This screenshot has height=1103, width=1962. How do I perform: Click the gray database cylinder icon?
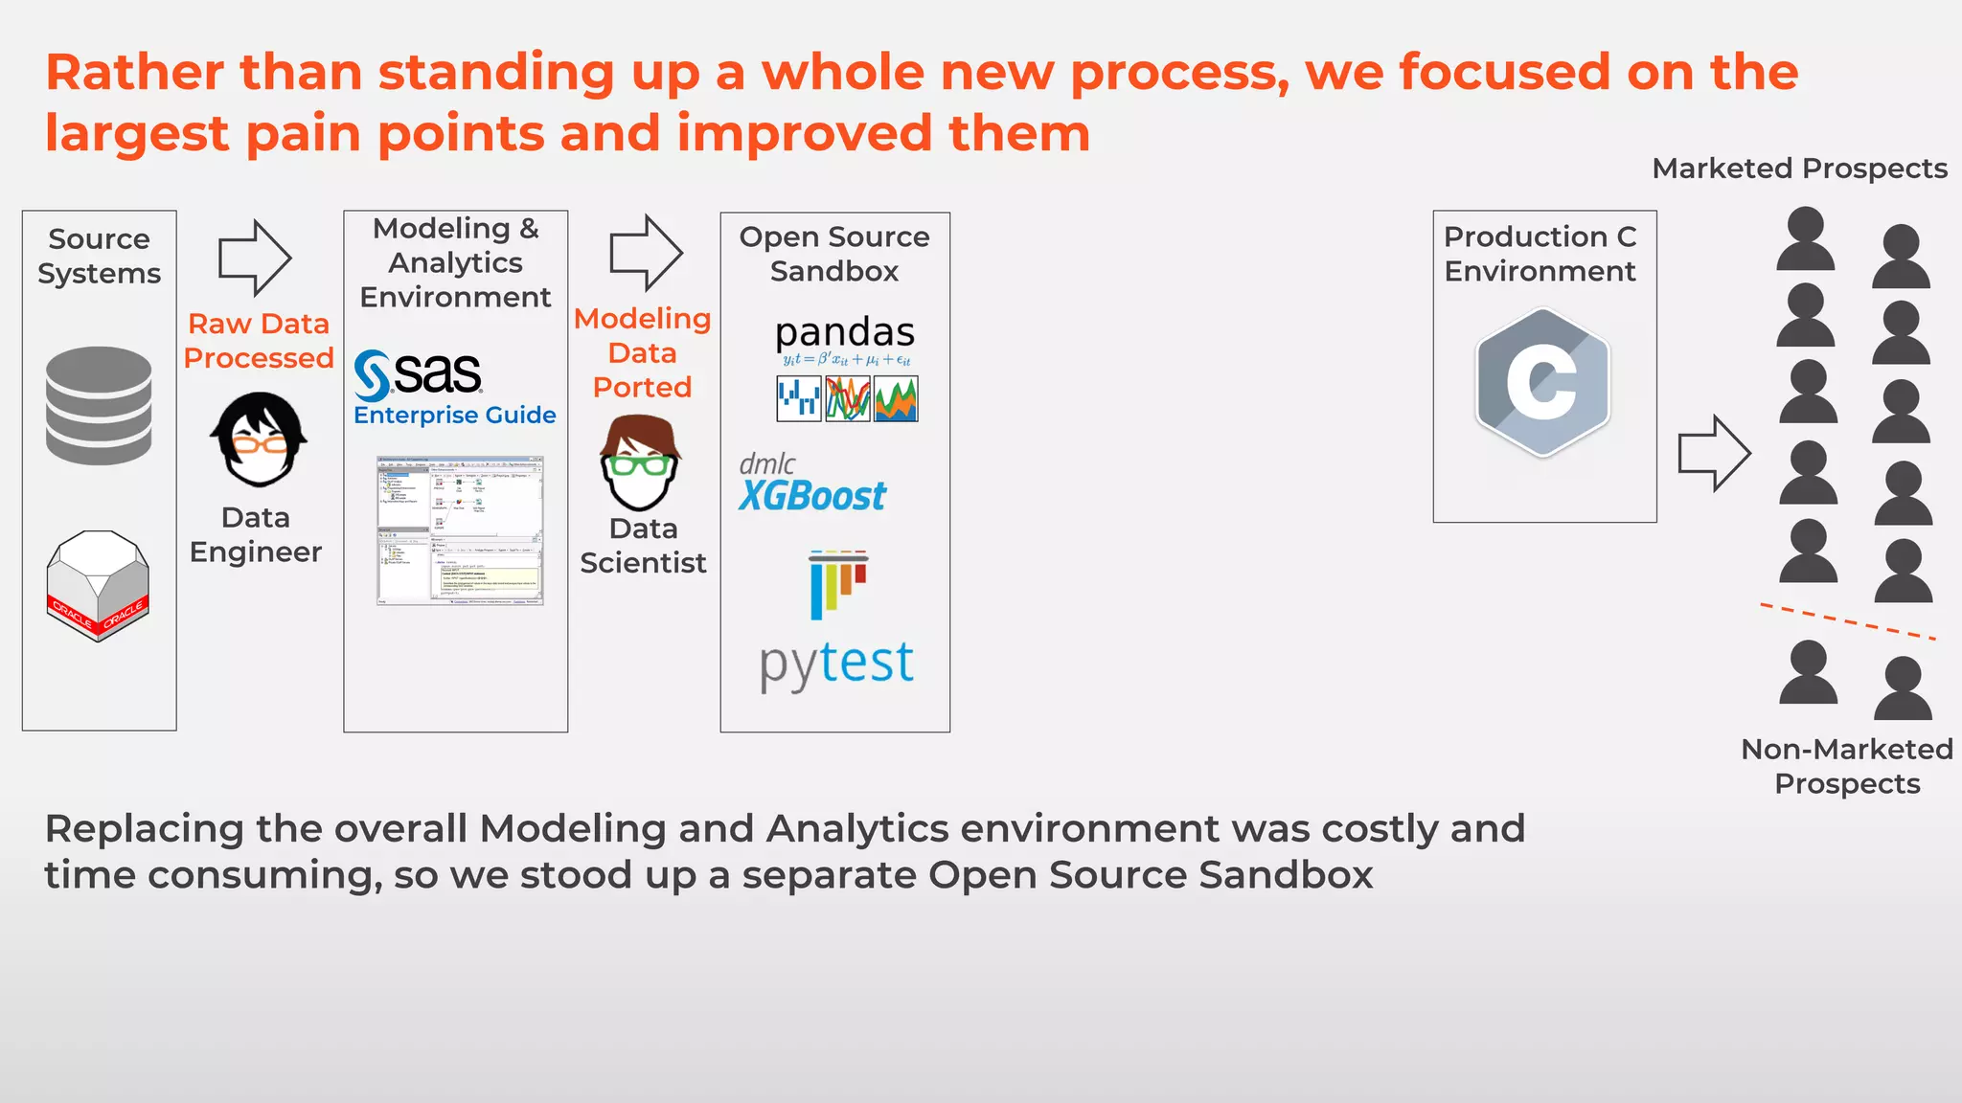pyautogui.click(x=99, y=405)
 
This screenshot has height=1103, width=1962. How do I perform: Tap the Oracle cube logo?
pyautogui.click(x=98, y=585)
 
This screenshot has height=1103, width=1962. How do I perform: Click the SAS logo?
pyautogui.click(x=420, y=374)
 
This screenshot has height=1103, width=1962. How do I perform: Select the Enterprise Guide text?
pyautogui.click(x=454, y=416)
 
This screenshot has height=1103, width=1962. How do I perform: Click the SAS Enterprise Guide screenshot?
pyautogui.click(x=460, y=530)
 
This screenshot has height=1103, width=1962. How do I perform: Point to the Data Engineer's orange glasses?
pyautogui.click(x=259, y=444)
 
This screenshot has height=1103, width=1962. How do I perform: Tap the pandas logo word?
pyautogui.click(x=844, y=332)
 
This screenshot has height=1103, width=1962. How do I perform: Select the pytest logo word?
pyautogui.click(x=836, y=663)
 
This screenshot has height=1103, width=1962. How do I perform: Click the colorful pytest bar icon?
pyautogui.click(x=838, y=582)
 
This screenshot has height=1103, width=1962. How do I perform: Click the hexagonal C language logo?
pyautogui.click(x=1542, y=382)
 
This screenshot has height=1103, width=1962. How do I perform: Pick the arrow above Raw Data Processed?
pyautogui.click(x=254, y=258)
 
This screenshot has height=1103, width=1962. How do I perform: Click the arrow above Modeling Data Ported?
pyautogui.click(x=646, y=253)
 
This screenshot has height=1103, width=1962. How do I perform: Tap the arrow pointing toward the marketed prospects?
pyautogui.click(x=1713, y=453)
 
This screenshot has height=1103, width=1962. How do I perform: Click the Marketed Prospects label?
pyautogui.click(x=1799, y=169)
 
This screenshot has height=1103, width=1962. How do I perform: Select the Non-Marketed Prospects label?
pyautogui.click(x=1846, y=766)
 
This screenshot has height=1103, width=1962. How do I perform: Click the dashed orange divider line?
pyautogui.click(x=1847, y=621)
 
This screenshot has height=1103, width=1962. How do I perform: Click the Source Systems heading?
pyautogui.click(x=99, y=256)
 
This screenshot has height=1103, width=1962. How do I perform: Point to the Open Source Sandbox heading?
pyautogui.click(x=834, y=254)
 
